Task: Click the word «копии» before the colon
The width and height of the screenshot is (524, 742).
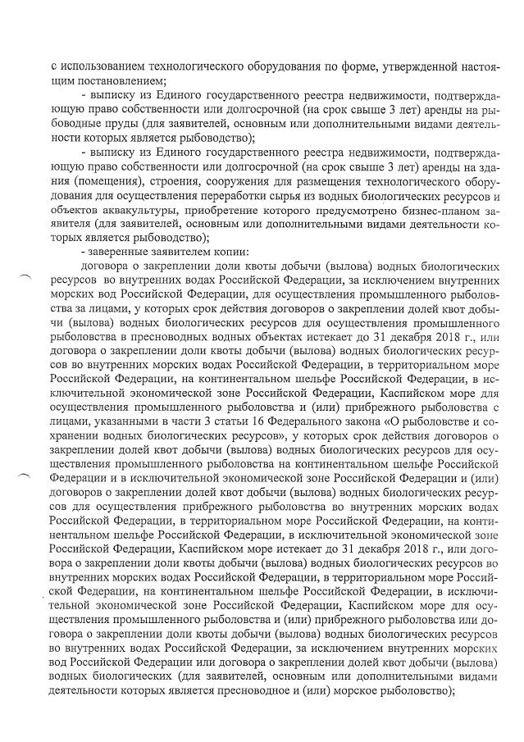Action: (220, 250)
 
